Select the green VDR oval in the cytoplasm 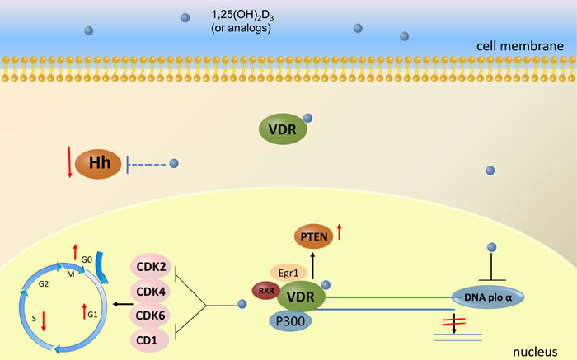tap(284, 129)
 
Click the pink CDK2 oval tap(150, 268)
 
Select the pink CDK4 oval tap(150, 292)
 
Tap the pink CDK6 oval tap(150, 316)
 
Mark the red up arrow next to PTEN tap(339, 233)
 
